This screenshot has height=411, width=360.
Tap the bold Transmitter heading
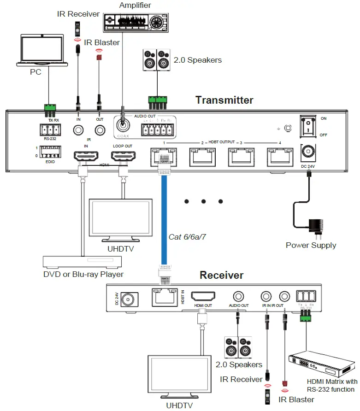224,100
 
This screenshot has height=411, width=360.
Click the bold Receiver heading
221,276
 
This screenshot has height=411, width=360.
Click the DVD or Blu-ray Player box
83,261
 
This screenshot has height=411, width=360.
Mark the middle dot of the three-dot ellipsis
203,201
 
